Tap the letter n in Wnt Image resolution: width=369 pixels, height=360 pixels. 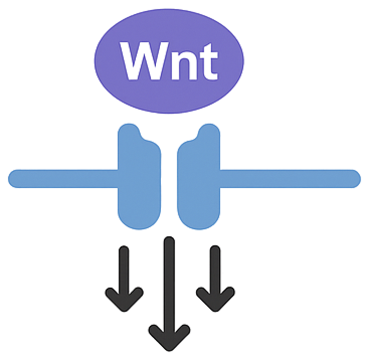coord(182,64)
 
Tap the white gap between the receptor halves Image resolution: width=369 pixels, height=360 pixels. coord(169,181)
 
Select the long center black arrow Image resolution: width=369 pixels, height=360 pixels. coord(169,282)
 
